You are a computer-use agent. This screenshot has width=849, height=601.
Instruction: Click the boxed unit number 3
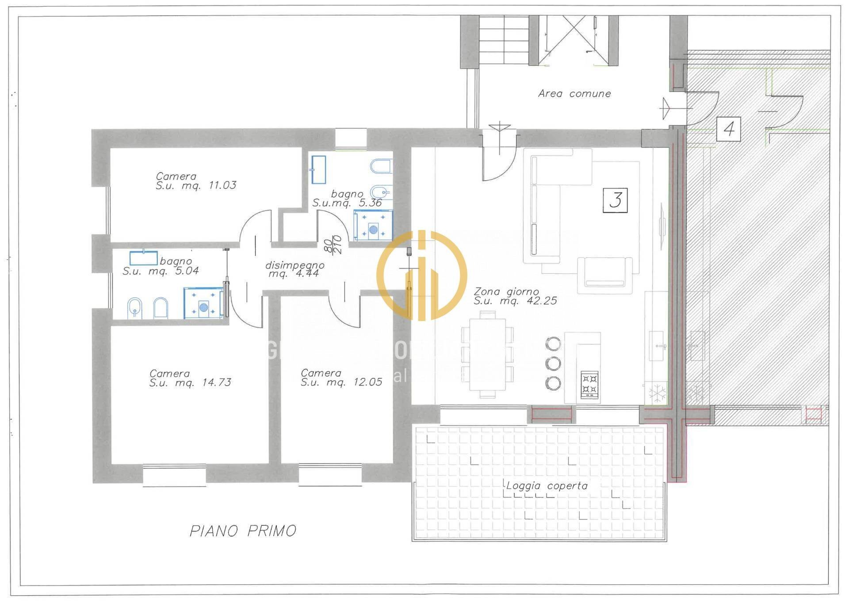point(615,200)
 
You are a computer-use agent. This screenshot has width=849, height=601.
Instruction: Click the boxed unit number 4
point(729,129)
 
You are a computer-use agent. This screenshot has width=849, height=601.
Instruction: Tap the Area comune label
point(574,94)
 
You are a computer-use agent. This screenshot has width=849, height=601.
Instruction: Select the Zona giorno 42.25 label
point(515,296)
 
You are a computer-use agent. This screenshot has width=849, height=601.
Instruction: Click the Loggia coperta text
point(547,486)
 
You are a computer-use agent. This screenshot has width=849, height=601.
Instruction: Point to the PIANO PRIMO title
point(243,531)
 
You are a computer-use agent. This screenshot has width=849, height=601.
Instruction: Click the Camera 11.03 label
point(195,181)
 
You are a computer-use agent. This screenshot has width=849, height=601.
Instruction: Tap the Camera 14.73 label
point(190,378)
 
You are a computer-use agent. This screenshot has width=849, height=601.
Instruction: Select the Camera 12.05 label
point(341,378)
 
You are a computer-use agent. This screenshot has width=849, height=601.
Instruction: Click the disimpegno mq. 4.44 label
point(294,269)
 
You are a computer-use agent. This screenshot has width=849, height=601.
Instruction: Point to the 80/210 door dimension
point(333,244)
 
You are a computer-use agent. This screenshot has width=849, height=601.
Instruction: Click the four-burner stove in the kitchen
point(589,384)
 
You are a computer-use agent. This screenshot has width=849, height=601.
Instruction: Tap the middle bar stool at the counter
point(553,363)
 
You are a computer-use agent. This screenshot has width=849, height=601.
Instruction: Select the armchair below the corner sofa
point(604,275)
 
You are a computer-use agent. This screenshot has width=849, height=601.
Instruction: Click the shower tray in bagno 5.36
point(373,226)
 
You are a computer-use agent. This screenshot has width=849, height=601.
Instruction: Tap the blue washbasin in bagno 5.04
point(143,257)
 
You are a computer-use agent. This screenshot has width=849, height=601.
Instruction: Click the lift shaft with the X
point(574,40)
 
